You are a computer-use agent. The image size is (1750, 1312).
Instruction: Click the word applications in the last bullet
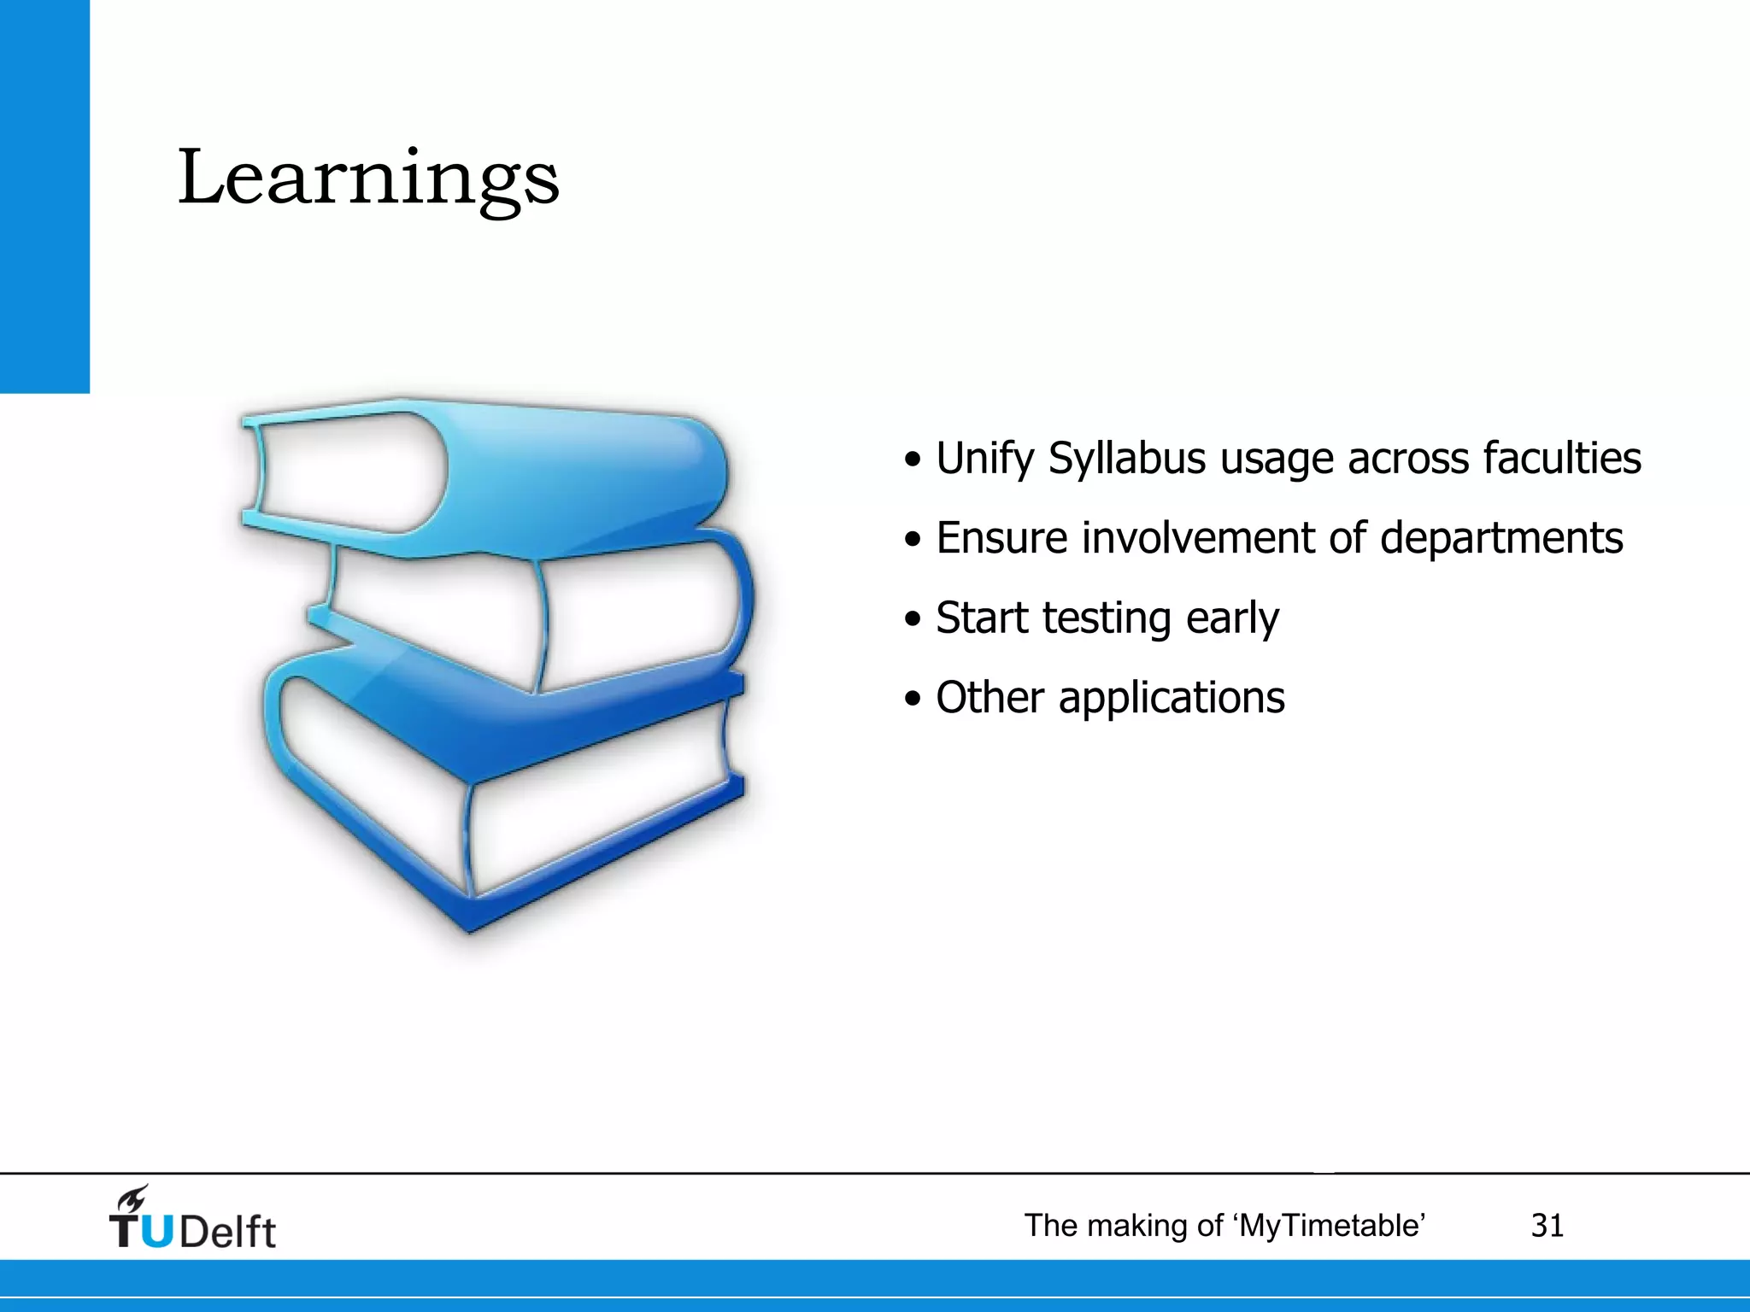point(1172,699)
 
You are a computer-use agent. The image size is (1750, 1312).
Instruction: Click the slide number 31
point(1547,1226)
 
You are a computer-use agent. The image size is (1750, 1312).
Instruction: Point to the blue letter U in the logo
point(156,1232)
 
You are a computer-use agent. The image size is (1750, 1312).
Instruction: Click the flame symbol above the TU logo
point(132,1198)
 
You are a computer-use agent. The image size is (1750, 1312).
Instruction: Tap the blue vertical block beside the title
point(44,196)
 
